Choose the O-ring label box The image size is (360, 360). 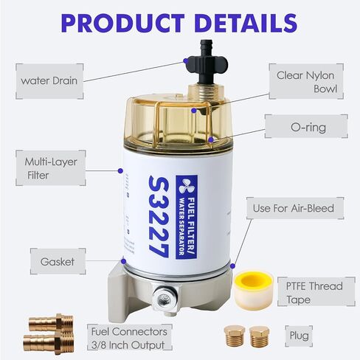(x=306, y=128)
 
